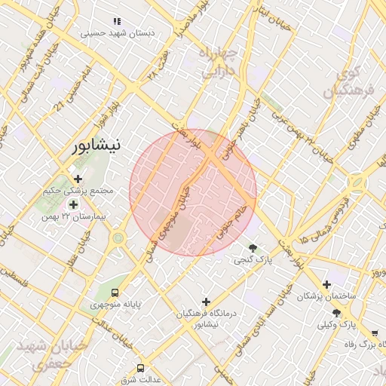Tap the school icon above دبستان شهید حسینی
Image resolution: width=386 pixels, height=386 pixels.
[116, 22]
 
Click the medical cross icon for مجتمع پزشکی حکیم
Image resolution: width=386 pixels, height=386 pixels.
[78, 179]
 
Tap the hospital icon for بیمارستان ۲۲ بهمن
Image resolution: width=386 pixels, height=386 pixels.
[73, 204]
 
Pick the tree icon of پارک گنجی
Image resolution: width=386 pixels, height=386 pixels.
[253, 247]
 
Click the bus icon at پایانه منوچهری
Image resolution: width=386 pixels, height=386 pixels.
[115, 293]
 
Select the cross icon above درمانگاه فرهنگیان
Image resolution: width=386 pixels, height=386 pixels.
[206, 302]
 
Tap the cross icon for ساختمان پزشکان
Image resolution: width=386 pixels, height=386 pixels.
[326, 284]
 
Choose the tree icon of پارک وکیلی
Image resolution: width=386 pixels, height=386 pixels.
[336, 313]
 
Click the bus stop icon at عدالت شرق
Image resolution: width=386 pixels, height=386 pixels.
[140, 368]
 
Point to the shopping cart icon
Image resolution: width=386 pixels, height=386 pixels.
[374, 333]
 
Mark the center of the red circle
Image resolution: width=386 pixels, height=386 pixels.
[193, 192]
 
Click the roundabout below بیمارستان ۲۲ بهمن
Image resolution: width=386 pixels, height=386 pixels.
[118, 239]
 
